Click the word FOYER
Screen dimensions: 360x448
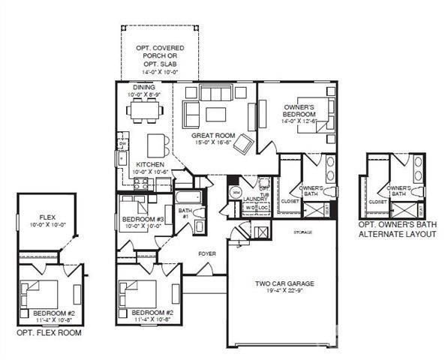207,254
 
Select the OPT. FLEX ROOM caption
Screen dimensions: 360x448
49,331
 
